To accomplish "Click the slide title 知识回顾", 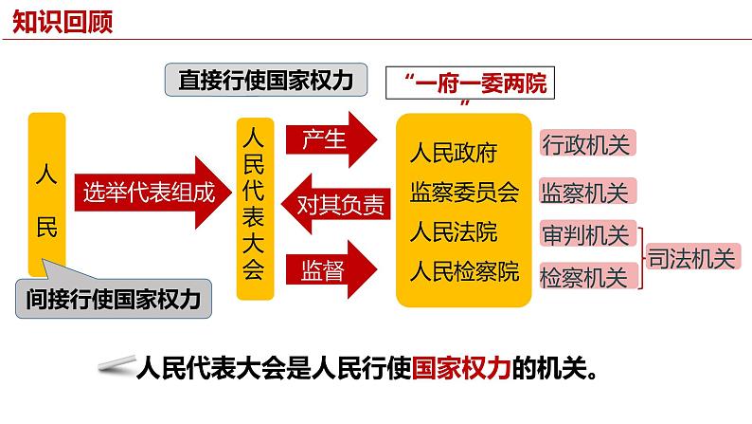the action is pyautogui.click(x=63, y=22).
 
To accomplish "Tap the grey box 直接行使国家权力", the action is pyautogui.click(x=266, y=80).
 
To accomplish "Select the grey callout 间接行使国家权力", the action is pyautogui.click(x=114, y=298).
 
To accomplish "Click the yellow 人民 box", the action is pyautogui.click(x=47, y=194).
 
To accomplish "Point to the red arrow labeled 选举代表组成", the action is pyautogui.click(x=153, y=193).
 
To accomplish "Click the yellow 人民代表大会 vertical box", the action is pyautogui.click(x=255, y=209).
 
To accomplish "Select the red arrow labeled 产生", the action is pyautogui.click(x=331, y=139).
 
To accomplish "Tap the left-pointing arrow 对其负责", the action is pyautogui.click(x=335, y=204).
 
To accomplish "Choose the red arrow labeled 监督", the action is pyautogui.click(x=331, y=269).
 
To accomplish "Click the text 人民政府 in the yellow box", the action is pyautogui.click(x=454, y=153).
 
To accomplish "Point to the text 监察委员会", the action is pyautogui.click(x=464, y=192).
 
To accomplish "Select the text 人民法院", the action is pyautogui.click(x=454, y=232).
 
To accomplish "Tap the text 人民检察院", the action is pyautogui.click(x=464, y=271).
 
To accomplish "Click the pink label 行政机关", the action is pyautogui.click(x=587, y=143).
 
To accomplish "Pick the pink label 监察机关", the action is pyautogui.click(x=587, y=192).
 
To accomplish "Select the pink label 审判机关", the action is pyautogui.click(x=587, y=234).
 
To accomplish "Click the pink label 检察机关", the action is pyautogui.click(x=587, y=276).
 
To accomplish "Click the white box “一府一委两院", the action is pyautogui.click(x=470, y=83).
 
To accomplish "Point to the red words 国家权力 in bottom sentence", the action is pyautogui.click(x=461, y=368).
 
